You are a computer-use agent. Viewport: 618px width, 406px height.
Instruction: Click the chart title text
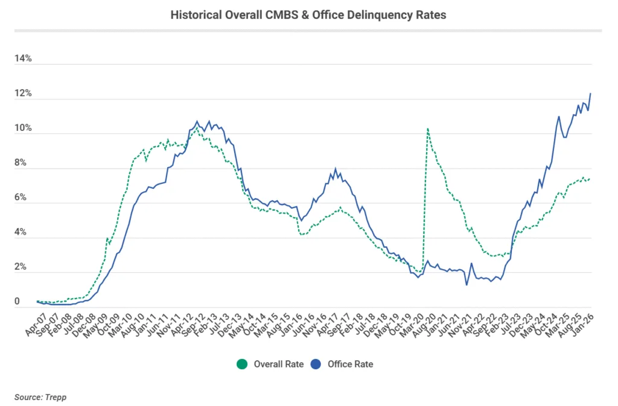pos(308,15)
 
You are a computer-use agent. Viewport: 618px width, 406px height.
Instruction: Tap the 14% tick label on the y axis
pos(24,59)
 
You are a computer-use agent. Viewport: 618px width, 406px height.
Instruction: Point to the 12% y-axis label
pos(24,94)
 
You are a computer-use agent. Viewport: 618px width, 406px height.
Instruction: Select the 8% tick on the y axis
pos(22,163)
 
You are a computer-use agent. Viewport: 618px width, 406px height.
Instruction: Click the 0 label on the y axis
pos(18,302)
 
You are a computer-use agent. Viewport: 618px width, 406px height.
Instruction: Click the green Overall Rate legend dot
pos(243,364)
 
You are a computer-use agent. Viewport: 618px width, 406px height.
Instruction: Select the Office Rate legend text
pos(350,364)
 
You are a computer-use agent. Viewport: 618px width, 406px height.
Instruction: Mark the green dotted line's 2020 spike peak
pos(427,128)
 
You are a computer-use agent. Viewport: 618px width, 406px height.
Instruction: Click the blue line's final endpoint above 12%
pos(590,93)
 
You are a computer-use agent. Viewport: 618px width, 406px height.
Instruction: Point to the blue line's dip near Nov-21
pos(467,285)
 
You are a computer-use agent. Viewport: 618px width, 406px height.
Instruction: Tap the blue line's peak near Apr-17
pos(336,169)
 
